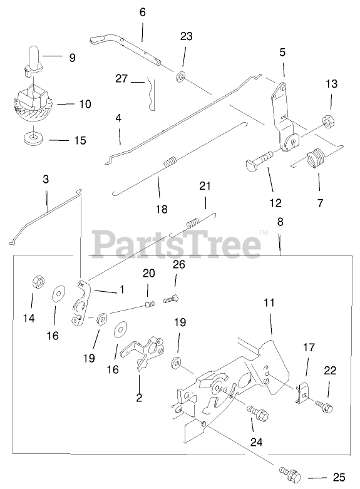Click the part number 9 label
[73, 58]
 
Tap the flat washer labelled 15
[33, 137]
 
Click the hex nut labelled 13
[328, 121]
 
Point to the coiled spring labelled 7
[315, 159]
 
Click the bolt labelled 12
[260, 160]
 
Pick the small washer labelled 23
[180, 77]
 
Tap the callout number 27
[121, 78]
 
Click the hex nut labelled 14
[38, 282]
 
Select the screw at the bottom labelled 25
[291, 475]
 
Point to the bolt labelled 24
[259, 412]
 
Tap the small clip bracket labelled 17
[302, 394]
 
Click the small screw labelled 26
[171, 299]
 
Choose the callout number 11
[269, 302]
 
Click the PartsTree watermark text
[177, 244]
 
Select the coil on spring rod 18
[170, 162]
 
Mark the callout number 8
[280, 222]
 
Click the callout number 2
[139, 398]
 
